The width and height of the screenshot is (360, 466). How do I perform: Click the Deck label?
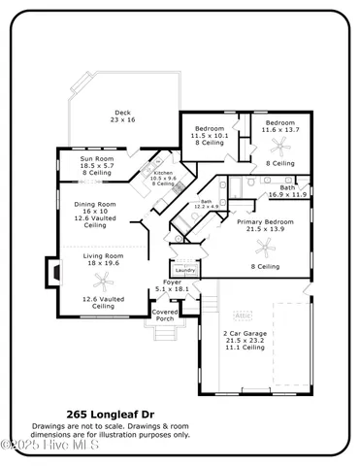click(122, 116)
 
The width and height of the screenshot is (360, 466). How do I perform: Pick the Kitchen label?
click(163, 176)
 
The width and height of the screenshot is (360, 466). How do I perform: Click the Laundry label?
click(184, 297)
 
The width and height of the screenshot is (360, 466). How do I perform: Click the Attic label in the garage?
click(243, 316)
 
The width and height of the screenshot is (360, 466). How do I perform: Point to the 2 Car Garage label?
click(245, 337)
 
